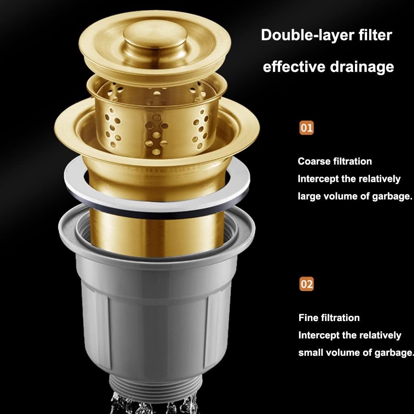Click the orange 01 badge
[x=306, y=128]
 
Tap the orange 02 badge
[x=306, y=284]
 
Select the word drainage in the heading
[x=362, y=67]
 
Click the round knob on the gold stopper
[x=155, y=37]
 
